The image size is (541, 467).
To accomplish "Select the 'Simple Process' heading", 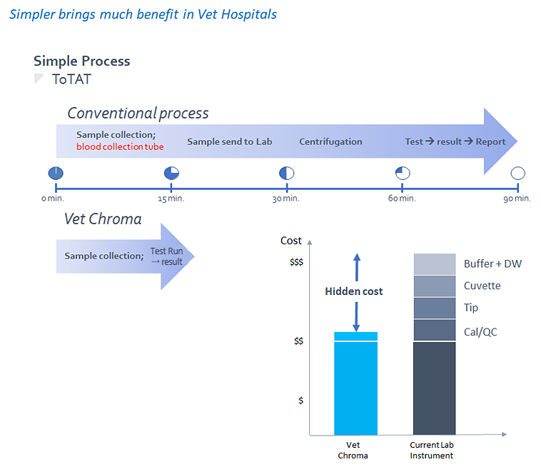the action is click(82, 61).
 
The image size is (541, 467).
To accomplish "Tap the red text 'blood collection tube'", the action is click(120, 146).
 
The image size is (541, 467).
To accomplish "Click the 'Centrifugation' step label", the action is click(330, 141).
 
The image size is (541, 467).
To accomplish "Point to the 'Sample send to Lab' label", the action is click(229, 141).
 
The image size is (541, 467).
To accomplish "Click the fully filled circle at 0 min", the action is click(56, 173).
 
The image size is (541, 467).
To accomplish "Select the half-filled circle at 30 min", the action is click(287, 173).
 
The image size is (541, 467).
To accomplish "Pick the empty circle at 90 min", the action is click(518, 173).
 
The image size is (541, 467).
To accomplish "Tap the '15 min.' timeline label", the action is click(171, 199).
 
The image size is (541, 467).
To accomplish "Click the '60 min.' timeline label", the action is click(402, 199).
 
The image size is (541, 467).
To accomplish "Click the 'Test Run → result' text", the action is click(166, 256).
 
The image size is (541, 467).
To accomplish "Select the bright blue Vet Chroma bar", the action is click(355, 383).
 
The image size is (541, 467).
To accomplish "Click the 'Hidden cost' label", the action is click(354, 291).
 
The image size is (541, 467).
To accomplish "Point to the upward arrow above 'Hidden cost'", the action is click(357, 268).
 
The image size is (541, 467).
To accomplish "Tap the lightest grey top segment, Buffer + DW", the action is click(435, 264).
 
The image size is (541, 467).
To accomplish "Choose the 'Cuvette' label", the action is click(482, 286).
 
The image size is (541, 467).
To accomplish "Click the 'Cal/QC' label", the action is click(480, 332).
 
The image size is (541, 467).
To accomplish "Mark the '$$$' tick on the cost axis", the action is click(296, 262).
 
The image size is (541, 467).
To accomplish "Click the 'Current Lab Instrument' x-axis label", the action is click(432, 451).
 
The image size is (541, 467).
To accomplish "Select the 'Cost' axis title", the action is click(291, 241).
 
